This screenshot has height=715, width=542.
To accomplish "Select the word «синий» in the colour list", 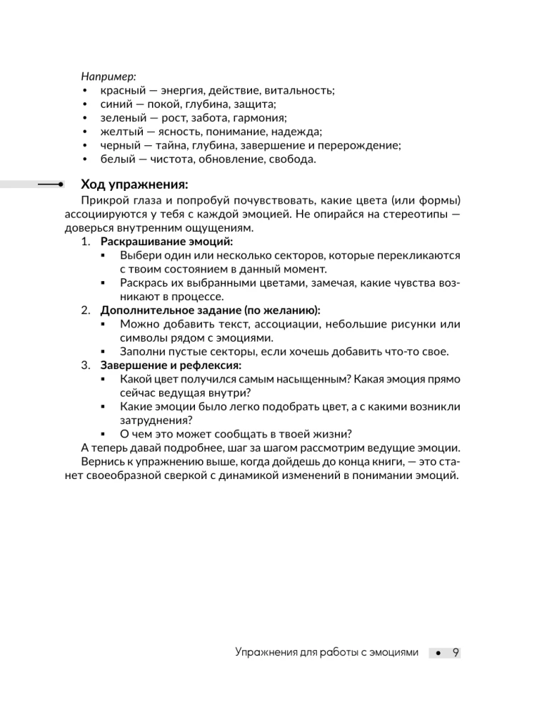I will (116, 104).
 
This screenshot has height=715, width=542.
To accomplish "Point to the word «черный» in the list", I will (120, 146).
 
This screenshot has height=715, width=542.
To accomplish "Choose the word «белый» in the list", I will (117, 159).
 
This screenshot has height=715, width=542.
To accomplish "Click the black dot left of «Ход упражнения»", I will (61, 184).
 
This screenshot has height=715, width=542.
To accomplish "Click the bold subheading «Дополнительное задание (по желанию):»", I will (210, 310).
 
